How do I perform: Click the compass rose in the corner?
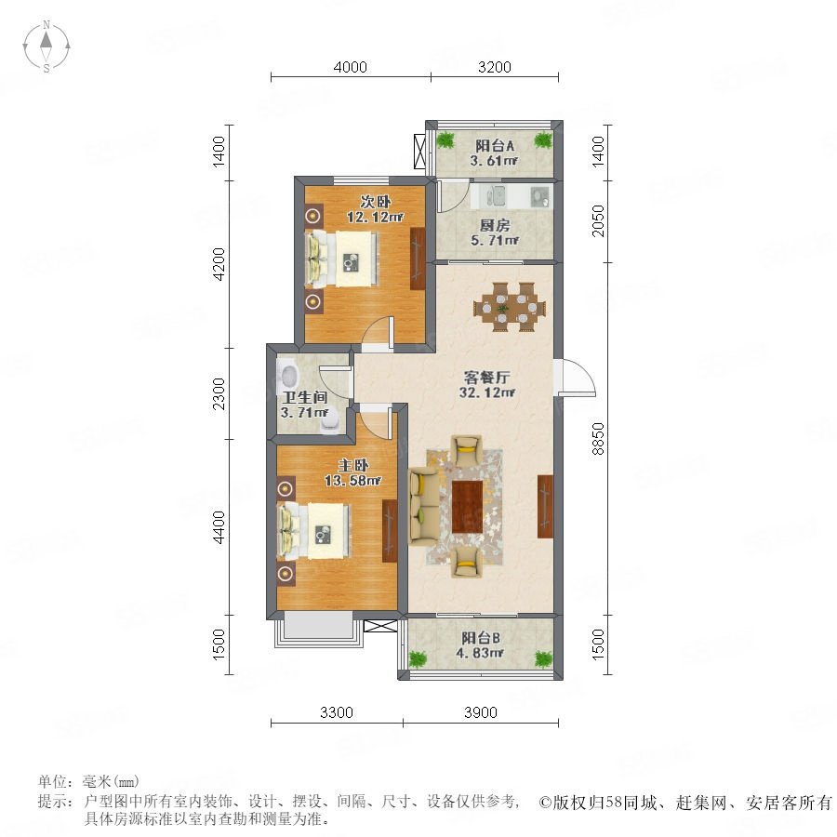[46, 46]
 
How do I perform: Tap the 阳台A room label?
[495, 145]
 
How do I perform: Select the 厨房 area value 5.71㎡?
[495, 240]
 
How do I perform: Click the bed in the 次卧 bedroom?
[341, 259]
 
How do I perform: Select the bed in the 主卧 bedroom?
[314, 531]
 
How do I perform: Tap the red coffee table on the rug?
[467, 507]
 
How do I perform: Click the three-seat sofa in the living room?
[424, 506]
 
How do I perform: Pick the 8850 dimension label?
[598, 439]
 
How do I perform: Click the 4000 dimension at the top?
[351, 67]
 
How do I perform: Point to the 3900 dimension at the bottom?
[481, 712]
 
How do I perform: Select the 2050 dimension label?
[598, 221]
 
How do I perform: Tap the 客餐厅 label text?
[486, 378]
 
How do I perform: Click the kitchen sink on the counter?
[495, 196]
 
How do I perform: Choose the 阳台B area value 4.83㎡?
[481, 653]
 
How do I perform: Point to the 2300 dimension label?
[219, 393]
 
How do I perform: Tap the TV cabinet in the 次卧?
[418, 259]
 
